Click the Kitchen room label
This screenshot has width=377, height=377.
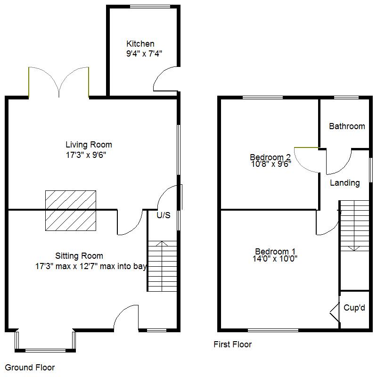tap(140, 44)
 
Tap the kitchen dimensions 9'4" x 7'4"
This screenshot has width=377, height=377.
tap(144, 53)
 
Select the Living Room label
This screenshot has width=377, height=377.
tap(89, 145)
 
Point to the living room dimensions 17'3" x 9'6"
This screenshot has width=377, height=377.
tap(86, 155)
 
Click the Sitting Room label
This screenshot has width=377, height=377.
tap(79, 256)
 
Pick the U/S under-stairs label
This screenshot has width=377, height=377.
tap(164, 215)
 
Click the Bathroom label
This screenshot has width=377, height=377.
tap(347, 126)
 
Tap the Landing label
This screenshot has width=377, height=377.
tap(345, 183)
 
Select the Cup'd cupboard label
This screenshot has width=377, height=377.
tap(354, 308)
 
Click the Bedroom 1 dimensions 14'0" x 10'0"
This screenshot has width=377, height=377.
tap(275, 259)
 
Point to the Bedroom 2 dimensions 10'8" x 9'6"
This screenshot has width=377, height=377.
tap(271, 164)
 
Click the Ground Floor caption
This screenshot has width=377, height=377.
tap(30, 368)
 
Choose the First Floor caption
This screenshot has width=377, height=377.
tap(232, 344)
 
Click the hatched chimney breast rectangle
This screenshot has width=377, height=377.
tap(71, 211)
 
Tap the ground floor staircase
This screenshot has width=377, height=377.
tap(162, 266)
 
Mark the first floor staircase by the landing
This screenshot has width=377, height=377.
tap(355, 226)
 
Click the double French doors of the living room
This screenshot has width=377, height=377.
tap(58, 82)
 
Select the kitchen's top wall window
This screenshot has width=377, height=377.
tap(150, 7)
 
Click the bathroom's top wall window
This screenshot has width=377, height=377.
tap(346, 98)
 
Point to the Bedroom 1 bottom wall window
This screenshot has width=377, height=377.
tap(273, 330)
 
